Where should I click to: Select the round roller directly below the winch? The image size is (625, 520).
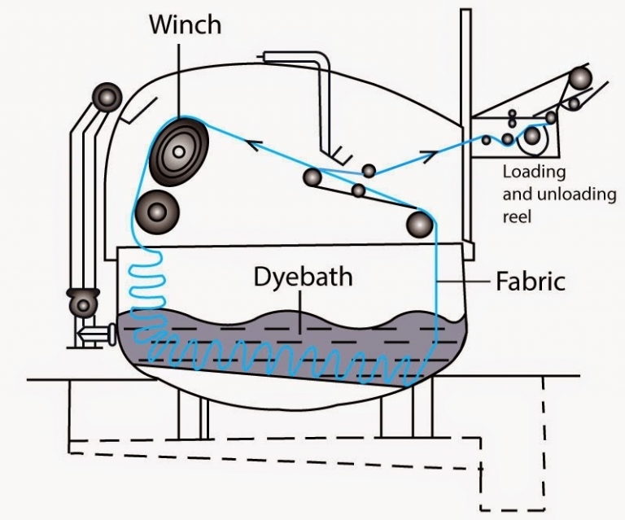click(158, 212)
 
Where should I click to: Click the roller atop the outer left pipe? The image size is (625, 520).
click(104, 95)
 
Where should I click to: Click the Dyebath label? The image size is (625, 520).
click(303, 277)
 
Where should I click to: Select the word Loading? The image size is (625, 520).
click(533, 173)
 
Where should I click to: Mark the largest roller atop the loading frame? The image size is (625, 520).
click(581, 78)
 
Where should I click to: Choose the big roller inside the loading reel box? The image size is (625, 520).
click(532, 135)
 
